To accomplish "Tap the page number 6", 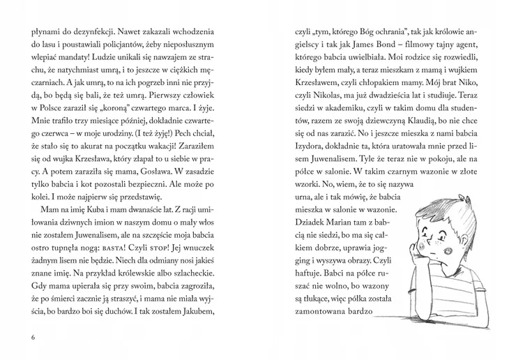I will [x=33, y=338].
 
